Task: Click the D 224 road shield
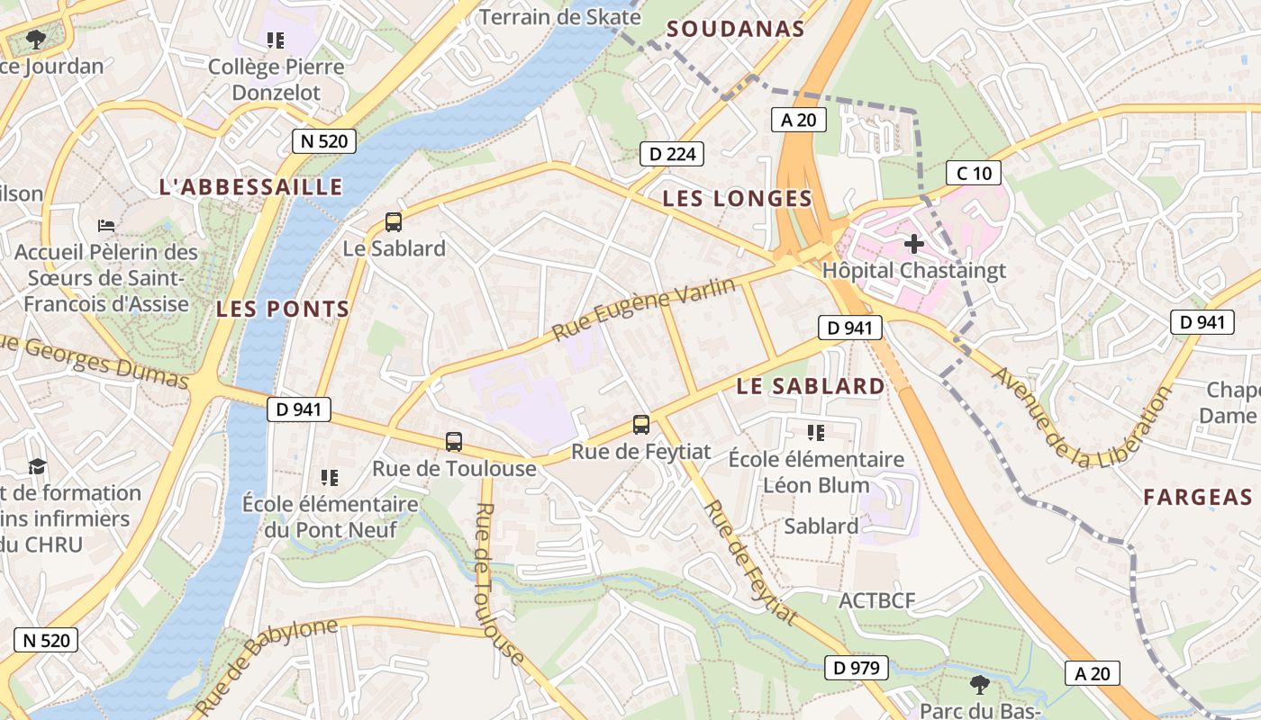coord(671,154)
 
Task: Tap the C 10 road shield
coord(974,173)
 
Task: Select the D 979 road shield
coord(857,668)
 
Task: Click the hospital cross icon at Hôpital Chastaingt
coord(914,243)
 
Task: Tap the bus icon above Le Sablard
coord(393,221)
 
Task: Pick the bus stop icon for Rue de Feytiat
coord(640,424)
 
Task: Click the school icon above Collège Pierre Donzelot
coord(276,40)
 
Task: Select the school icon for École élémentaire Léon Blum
coord(816,433)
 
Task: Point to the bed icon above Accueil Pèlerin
coord(106,224)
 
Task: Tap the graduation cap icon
coord(37,466)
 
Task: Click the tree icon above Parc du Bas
coord(979,685)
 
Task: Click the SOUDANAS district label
coord(735,29)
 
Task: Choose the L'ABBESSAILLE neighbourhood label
coord(250,187)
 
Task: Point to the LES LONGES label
coord(737,199)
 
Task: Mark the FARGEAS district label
coord(1198,497)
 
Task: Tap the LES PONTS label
coord(283,309)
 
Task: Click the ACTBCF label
coord(877,600)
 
